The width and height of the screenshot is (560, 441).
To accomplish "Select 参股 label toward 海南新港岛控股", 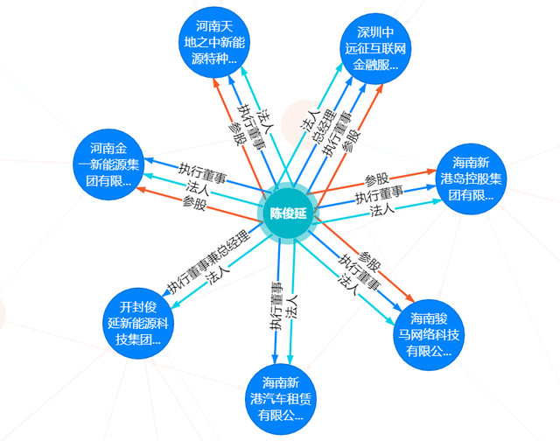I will [x=377, y=178].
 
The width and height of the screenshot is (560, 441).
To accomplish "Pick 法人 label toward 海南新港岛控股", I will [x=382, y=210].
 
